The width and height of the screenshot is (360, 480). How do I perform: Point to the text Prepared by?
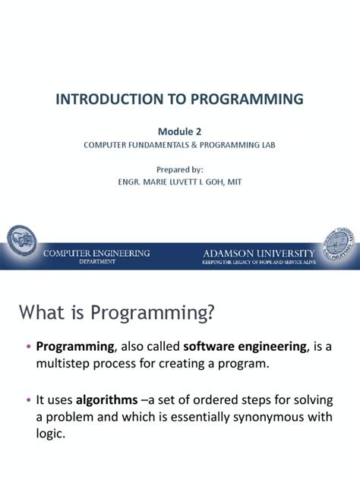(x=179, y=169)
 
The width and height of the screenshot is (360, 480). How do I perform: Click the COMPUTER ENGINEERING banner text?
(x=96, y=251)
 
